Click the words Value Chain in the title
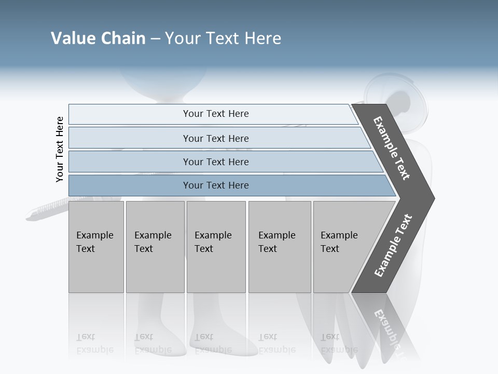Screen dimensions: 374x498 point(98,38)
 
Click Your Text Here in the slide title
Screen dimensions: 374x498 point(223,38)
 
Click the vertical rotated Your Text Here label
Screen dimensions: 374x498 point(60,149)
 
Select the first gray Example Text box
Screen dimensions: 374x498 point(96,247)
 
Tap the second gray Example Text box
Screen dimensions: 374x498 point(155,247)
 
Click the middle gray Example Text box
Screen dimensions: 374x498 point(216,247)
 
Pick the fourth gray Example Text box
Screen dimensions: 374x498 point(279,247)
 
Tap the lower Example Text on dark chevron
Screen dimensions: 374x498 point(393,246)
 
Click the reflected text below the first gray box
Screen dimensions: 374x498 point(94,344)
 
